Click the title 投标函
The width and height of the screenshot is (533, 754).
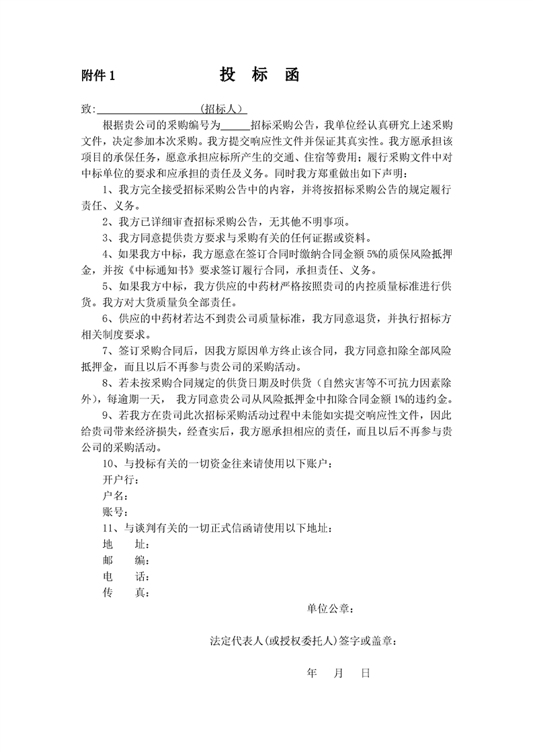coord(259,75)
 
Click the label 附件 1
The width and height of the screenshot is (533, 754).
coord(99,77)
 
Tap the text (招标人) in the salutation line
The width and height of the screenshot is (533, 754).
coord(223,109)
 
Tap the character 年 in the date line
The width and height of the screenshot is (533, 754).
coord(311,673)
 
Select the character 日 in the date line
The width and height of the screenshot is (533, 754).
coord(366,673)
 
